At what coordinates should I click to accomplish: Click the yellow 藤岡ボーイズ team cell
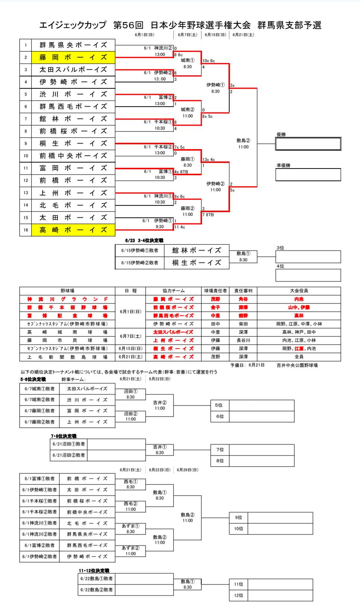pyautogui.click(x=73, y=57)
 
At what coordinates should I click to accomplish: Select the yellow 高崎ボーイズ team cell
pyautogui.click(x=73, y=230)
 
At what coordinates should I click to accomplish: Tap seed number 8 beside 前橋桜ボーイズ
pyautogui.click(x=26, y=131)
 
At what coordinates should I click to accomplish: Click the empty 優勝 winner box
pyautogui.click(x=308, y=144)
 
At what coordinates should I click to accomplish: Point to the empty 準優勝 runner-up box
pyautogui.click(x=308, y=174)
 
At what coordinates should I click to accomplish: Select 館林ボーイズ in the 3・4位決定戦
pyautogui.click(x=196, y=251)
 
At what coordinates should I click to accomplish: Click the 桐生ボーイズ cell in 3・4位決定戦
pyautogui.click(x=196, y=263)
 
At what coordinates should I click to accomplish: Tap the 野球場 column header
pyautogui.click(x=67, y=291)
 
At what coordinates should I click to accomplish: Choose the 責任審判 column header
pyautogui.click(x=243, y=291)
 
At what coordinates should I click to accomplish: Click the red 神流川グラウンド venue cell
pyautogui.click(x=67, y=299)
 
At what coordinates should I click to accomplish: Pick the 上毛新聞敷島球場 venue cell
pyautogui.click(x=67, y=357)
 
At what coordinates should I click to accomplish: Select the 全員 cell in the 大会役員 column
pyautogui.click(x=299, y=357)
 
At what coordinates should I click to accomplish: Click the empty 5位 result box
pyautogui.click(x=261, y=405)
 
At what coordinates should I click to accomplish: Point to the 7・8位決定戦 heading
pyautogui.click(x=64, y=436)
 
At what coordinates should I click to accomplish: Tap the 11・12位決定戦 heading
pyautogui.click(x=94, y=571)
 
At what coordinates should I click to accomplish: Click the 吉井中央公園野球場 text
pyautogui.click(x=297, y=365)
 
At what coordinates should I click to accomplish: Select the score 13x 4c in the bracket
pyautogui.click(x=209, y=160)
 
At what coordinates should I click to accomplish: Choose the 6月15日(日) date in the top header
pyautogui.click(x=215, y=35)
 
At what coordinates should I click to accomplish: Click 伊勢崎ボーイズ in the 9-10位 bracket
pyautogui.click(x=87, y=557)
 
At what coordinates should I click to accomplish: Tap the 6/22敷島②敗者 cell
pyautogui.click(x=97, y=590)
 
